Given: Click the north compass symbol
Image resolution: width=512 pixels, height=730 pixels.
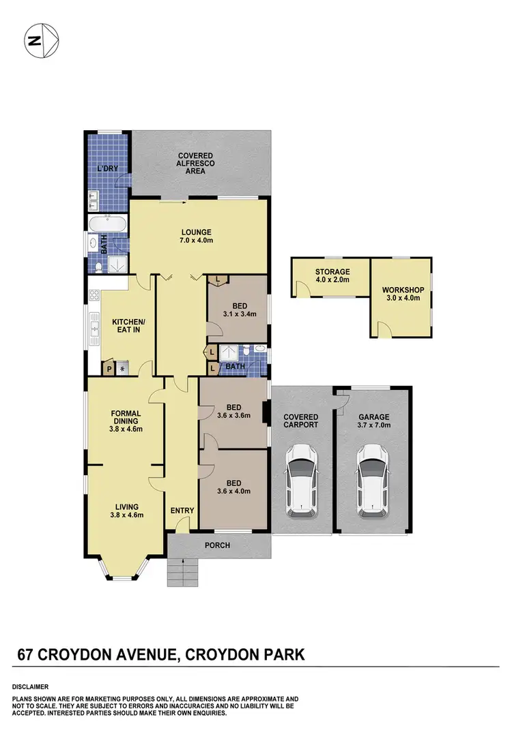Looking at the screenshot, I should [x=40, y=42].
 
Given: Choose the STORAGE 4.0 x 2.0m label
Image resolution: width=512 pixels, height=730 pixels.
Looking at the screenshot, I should [x=332, y=275].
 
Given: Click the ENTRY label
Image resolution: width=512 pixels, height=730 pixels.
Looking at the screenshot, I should [x=182, y=511].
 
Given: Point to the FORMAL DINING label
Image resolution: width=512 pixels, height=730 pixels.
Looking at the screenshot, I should [x=126, y=421].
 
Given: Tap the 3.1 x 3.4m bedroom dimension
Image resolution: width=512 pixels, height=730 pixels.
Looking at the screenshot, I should [x=238, y=314].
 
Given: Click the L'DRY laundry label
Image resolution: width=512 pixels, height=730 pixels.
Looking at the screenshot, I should [x=106, y=168].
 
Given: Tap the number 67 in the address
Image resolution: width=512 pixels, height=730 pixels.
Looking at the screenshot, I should [x=25, y=656].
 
